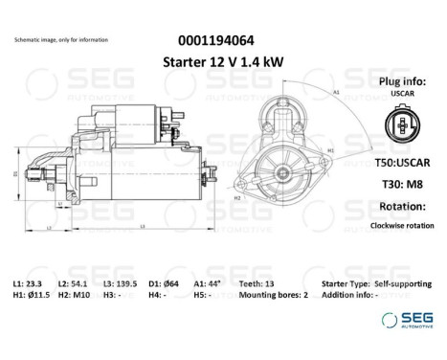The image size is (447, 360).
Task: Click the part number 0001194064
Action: click(x=215, y=40)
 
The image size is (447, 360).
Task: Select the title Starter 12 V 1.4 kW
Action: click(x=216, y=61)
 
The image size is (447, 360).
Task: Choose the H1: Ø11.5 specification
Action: click(x=33, y=296)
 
